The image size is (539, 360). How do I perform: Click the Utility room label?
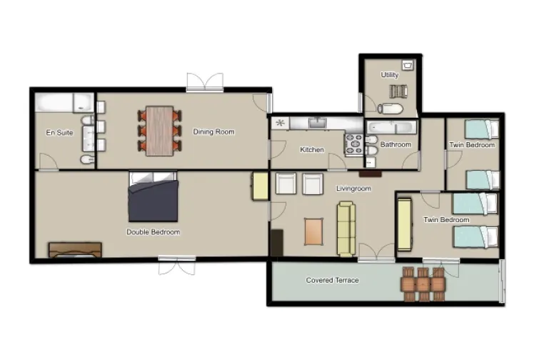390,75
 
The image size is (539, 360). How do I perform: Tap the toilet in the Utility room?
391,109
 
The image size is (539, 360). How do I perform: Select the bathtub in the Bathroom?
391,127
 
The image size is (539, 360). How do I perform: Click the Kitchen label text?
312,150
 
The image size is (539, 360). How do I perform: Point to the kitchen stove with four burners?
354,145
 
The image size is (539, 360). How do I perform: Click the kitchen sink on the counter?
318,124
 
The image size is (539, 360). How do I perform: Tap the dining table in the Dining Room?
159,131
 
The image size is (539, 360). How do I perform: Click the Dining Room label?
213,131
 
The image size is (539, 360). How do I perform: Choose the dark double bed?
153,200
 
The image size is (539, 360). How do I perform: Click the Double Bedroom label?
153,232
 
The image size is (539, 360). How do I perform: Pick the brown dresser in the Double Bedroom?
75,249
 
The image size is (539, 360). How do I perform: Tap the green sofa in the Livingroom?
346,229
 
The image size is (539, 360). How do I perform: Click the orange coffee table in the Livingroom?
315,231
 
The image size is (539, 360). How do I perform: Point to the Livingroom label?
353,189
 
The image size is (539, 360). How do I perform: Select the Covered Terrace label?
332,280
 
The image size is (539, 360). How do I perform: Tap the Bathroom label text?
396,145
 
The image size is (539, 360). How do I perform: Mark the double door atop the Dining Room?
205,82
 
